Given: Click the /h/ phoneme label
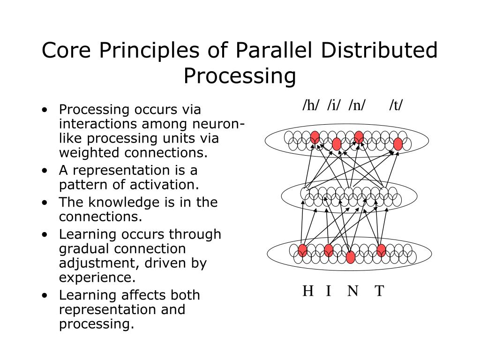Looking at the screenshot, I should (x=311, y=105).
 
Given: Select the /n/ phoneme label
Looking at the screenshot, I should (x=357, y=105).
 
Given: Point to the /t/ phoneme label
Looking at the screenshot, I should (x=396, y=105).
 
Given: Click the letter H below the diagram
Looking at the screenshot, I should (x=308, y=291).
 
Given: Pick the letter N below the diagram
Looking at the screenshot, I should (x=353, y=291).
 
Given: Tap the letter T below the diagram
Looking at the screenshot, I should (x=379, y=291).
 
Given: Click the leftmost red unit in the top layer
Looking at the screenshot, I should (x=315, y=137).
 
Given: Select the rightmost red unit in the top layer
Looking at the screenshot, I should (x=398, y=144).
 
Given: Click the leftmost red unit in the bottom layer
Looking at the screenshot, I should (x=302, y=250).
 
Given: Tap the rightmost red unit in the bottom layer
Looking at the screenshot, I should (x=381, y=250).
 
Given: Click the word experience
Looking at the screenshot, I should (x=97, y=277).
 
